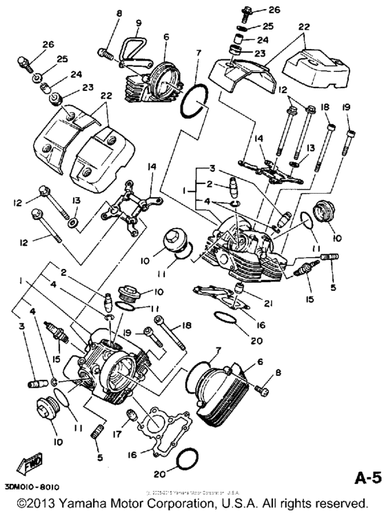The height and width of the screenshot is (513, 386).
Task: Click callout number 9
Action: [137, 23]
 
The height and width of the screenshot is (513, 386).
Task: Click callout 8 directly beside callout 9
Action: [119, 14]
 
